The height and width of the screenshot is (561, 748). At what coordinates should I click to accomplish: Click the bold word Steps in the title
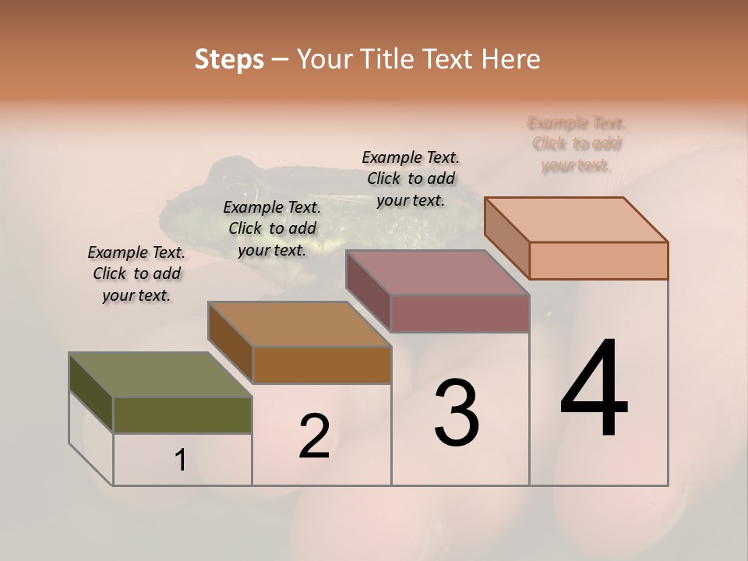click(x=229, y=59)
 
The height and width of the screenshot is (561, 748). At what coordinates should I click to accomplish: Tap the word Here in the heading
click(x=511, y=59)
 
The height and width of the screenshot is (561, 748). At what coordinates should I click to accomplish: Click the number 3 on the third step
click(x=457, y=412)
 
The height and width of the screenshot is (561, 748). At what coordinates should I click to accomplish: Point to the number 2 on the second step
click(x=314, y=436)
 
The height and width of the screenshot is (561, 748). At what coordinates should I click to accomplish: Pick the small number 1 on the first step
click(x=181, y=460)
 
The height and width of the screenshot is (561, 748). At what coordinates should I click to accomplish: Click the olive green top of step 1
click(x=161, y=375)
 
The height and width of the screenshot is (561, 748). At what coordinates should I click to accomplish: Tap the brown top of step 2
click(x=299, y=324)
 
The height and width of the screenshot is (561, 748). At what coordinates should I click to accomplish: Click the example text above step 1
click(x=136, y=273)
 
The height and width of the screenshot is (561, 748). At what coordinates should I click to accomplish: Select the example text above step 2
click(x=272, y=228)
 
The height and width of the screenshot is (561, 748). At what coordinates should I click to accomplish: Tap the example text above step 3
click(x=411, y=178)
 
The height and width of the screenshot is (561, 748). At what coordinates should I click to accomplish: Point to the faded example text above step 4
click(x=577, y=144)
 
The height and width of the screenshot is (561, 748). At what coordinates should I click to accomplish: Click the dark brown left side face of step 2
click(x=231, y=343)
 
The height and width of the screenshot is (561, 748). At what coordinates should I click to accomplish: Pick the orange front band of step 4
click(x=598, y=260)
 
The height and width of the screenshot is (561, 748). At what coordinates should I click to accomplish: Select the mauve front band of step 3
click(x=460, y=313)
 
